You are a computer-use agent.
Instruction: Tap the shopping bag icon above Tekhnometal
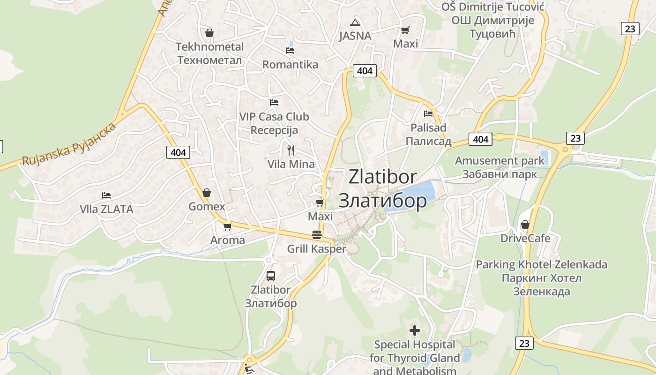point(209,33)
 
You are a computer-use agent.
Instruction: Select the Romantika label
point(290,65)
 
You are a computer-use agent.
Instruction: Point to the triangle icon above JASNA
point(355,22)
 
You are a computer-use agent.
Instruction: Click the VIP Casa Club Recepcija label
point(274,123)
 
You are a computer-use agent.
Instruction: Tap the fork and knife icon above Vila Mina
point(291,150)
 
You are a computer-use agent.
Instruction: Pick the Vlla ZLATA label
point(106,209)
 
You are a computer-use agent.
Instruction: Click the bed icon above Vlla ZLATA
point(106,195)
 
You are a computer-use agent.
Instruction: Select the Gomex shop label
point(207,207)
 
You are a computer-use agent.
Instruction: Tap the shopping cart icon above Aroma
point(227,226)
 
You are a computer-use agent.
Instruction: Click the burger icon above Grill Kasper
point(317,235)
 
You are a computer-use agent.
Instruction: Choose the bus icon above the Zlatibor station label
point(270,276)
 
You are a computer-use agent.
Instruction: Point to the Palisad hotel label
point(428,135)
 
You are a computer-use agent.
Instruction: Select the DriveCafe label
point(525,238)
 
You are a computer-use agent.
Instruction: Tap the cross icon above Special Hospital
point(414,330)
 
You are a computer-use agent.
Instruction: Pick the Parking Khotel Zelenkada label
point(541,278)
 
